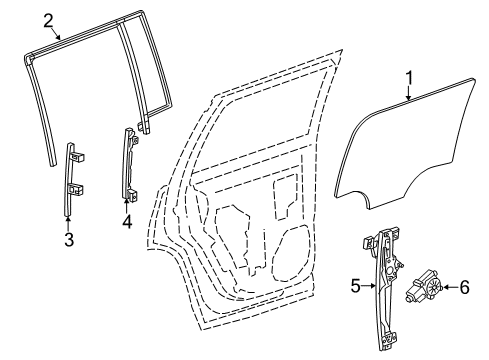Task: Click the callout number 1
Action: pos(408,78)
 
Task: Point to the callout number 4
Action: pos(126,222)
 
